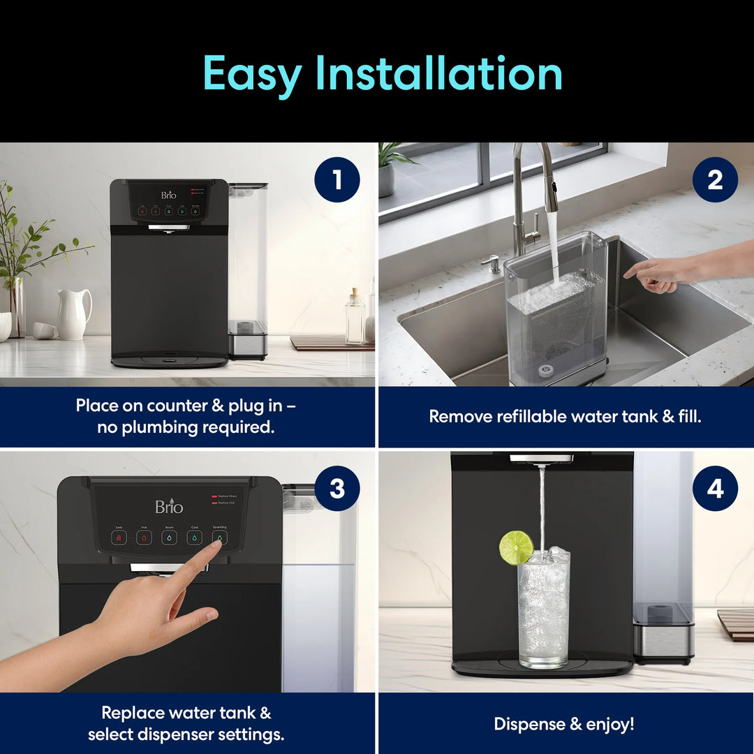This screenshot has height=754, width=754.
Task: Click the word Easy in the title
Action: coord(252,74)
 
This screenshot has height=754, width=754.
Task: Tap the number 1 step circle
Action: coord(337,179)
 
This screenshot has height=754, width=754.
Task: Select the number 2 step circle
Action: coord(715,179)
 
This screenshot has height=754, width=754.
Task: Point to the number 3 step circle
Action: coord(337,489)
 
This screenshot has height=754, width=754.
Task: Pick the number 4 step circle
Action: coord(715,489)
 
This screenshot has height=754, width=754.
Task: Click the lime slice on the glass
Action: coord(515,547)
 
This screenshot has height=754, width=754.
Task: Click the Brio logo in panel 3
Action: coord(169,506)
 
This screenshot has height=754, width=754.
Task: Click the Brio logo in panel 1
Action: coord(169,195)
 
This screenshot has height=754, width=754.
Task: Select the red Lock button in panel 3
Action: coord(119,538)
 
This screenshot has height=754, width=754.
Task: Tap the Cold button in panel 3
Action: coord(194,538)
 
